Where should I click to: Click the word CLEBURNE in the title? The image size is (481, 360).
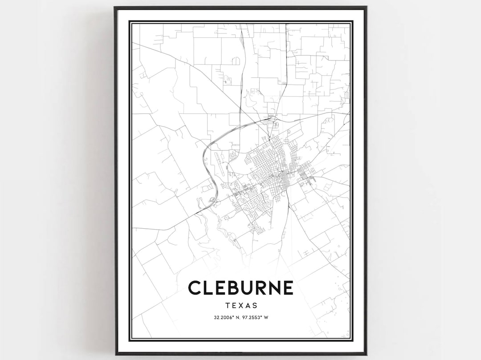click(240, 287)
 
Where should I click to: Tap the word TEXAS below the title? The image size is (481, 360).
click(241, 306)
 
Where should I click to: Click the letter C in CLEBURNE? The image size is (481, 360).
click(195, 287)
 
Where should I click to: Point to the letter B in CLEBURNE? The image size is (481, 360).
click(227, 287)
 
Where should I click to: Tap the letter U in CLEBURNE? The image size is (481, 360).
click(242, 287)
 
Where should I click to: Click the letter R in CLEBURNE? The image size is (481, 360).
click(257, 287)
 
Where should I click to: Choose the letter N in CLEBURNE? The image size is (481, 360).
click(273, 287)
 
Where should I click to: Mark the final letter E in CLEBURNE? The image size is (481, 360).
click(288, 287)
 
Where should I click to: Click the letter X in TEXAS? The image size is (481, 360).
click(241, 306)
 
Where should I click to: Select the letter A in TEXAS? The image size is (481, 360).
click(248, 306)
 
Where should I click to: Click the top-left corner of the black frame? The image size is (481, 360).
click(115, 7)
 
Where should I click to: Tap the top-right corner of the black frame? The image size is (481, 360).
click(366, 7)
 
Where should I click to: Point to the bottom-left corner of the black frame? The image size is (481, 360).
click(116, 354)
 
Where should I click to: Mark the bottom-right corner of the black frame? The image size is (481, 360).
click(366, 355)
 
